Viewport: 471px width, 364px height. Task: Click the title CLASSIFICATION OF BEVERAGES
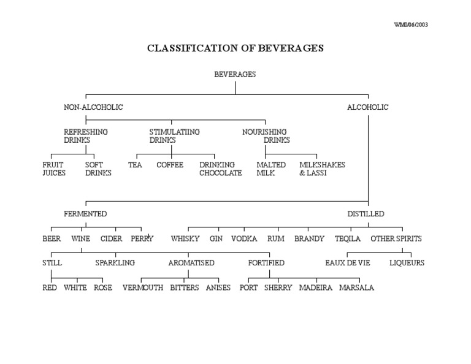tap(235, 48)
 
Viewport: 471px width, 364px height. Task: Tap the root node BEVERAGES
tap(235, 74)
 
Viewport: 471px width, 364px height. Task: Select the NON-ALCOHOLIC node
tap(93, 107)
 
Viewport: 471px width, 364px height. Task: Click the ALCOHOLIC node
tap(368, 107)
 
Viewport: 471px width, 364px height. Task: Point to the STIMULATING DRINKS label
tap(174, 136)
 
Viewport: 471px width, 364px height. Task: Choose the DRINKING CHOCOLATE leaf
tap(220, 169)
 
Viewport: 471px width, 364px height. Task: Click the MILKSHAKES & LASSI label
tap(322, 169)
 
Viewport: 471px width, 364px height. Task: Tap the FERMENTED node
tap(85, 214)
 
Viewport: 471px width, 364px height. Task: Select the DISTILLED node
tap(366, 214)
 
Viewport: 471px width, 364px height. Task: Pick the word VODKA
tap(243, 238)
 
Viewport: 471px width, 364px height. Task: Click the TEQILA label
tap(348, 238)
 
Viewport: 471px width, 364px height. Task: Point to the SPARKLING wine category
tap(115, 263)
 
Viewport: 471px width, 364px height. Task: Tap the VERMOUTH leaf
tap(143, 287)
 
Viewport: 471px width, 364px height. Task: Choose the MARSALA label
tap(356, 287)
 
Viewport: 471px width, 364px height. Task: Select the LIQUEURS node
tap(407, 263)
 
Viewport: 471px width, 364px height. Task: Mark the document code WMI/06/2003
tap(410, 25)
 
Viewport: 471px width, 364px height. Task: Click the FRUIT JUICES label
tap(54, 169)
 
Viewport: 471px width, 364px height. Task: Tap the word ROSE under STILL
tap(103, 287)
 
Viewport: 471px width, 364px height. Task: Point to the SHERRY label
tap(278, 287)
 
